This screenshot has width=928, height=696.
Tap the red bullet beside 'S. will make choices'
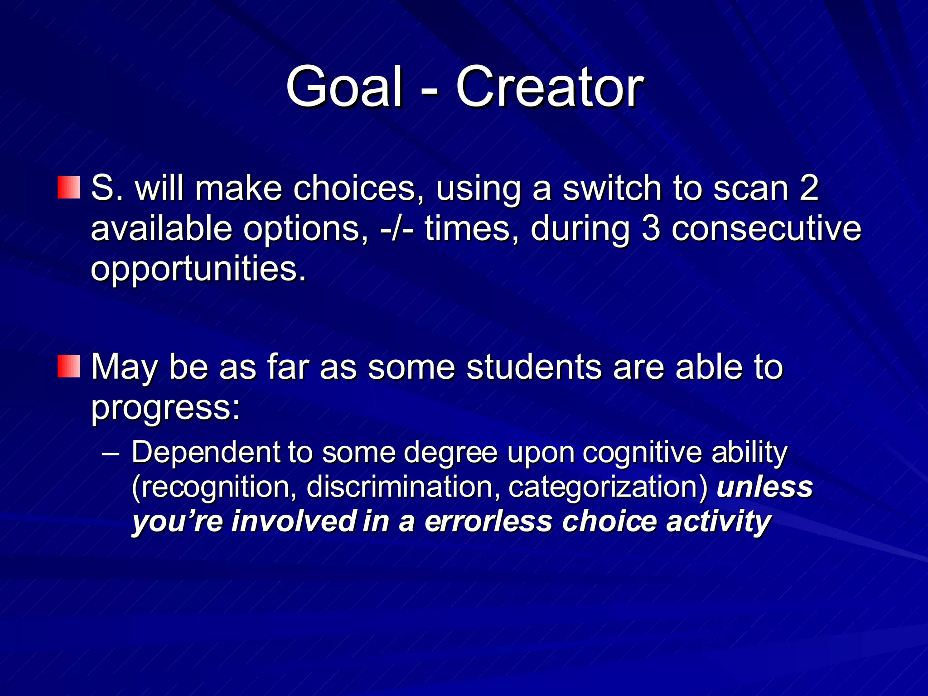(69, 188)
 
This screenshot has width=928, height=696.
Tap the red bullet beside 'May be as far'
(69, 366)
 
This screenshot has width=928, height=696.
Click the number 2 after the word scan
(809, 188)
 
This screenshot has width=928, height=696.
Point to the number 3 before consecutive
(651, 228)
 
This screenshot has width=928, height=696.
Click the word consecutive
(766, 228)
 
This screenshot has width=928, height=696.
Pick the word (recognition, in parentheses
(214, 487)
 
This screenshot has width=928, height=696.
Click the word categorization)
(608, 487)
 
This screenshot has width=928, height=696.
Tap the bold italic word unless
(764, 486)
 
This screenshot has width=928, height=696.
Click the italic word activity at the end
(718, 521)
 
